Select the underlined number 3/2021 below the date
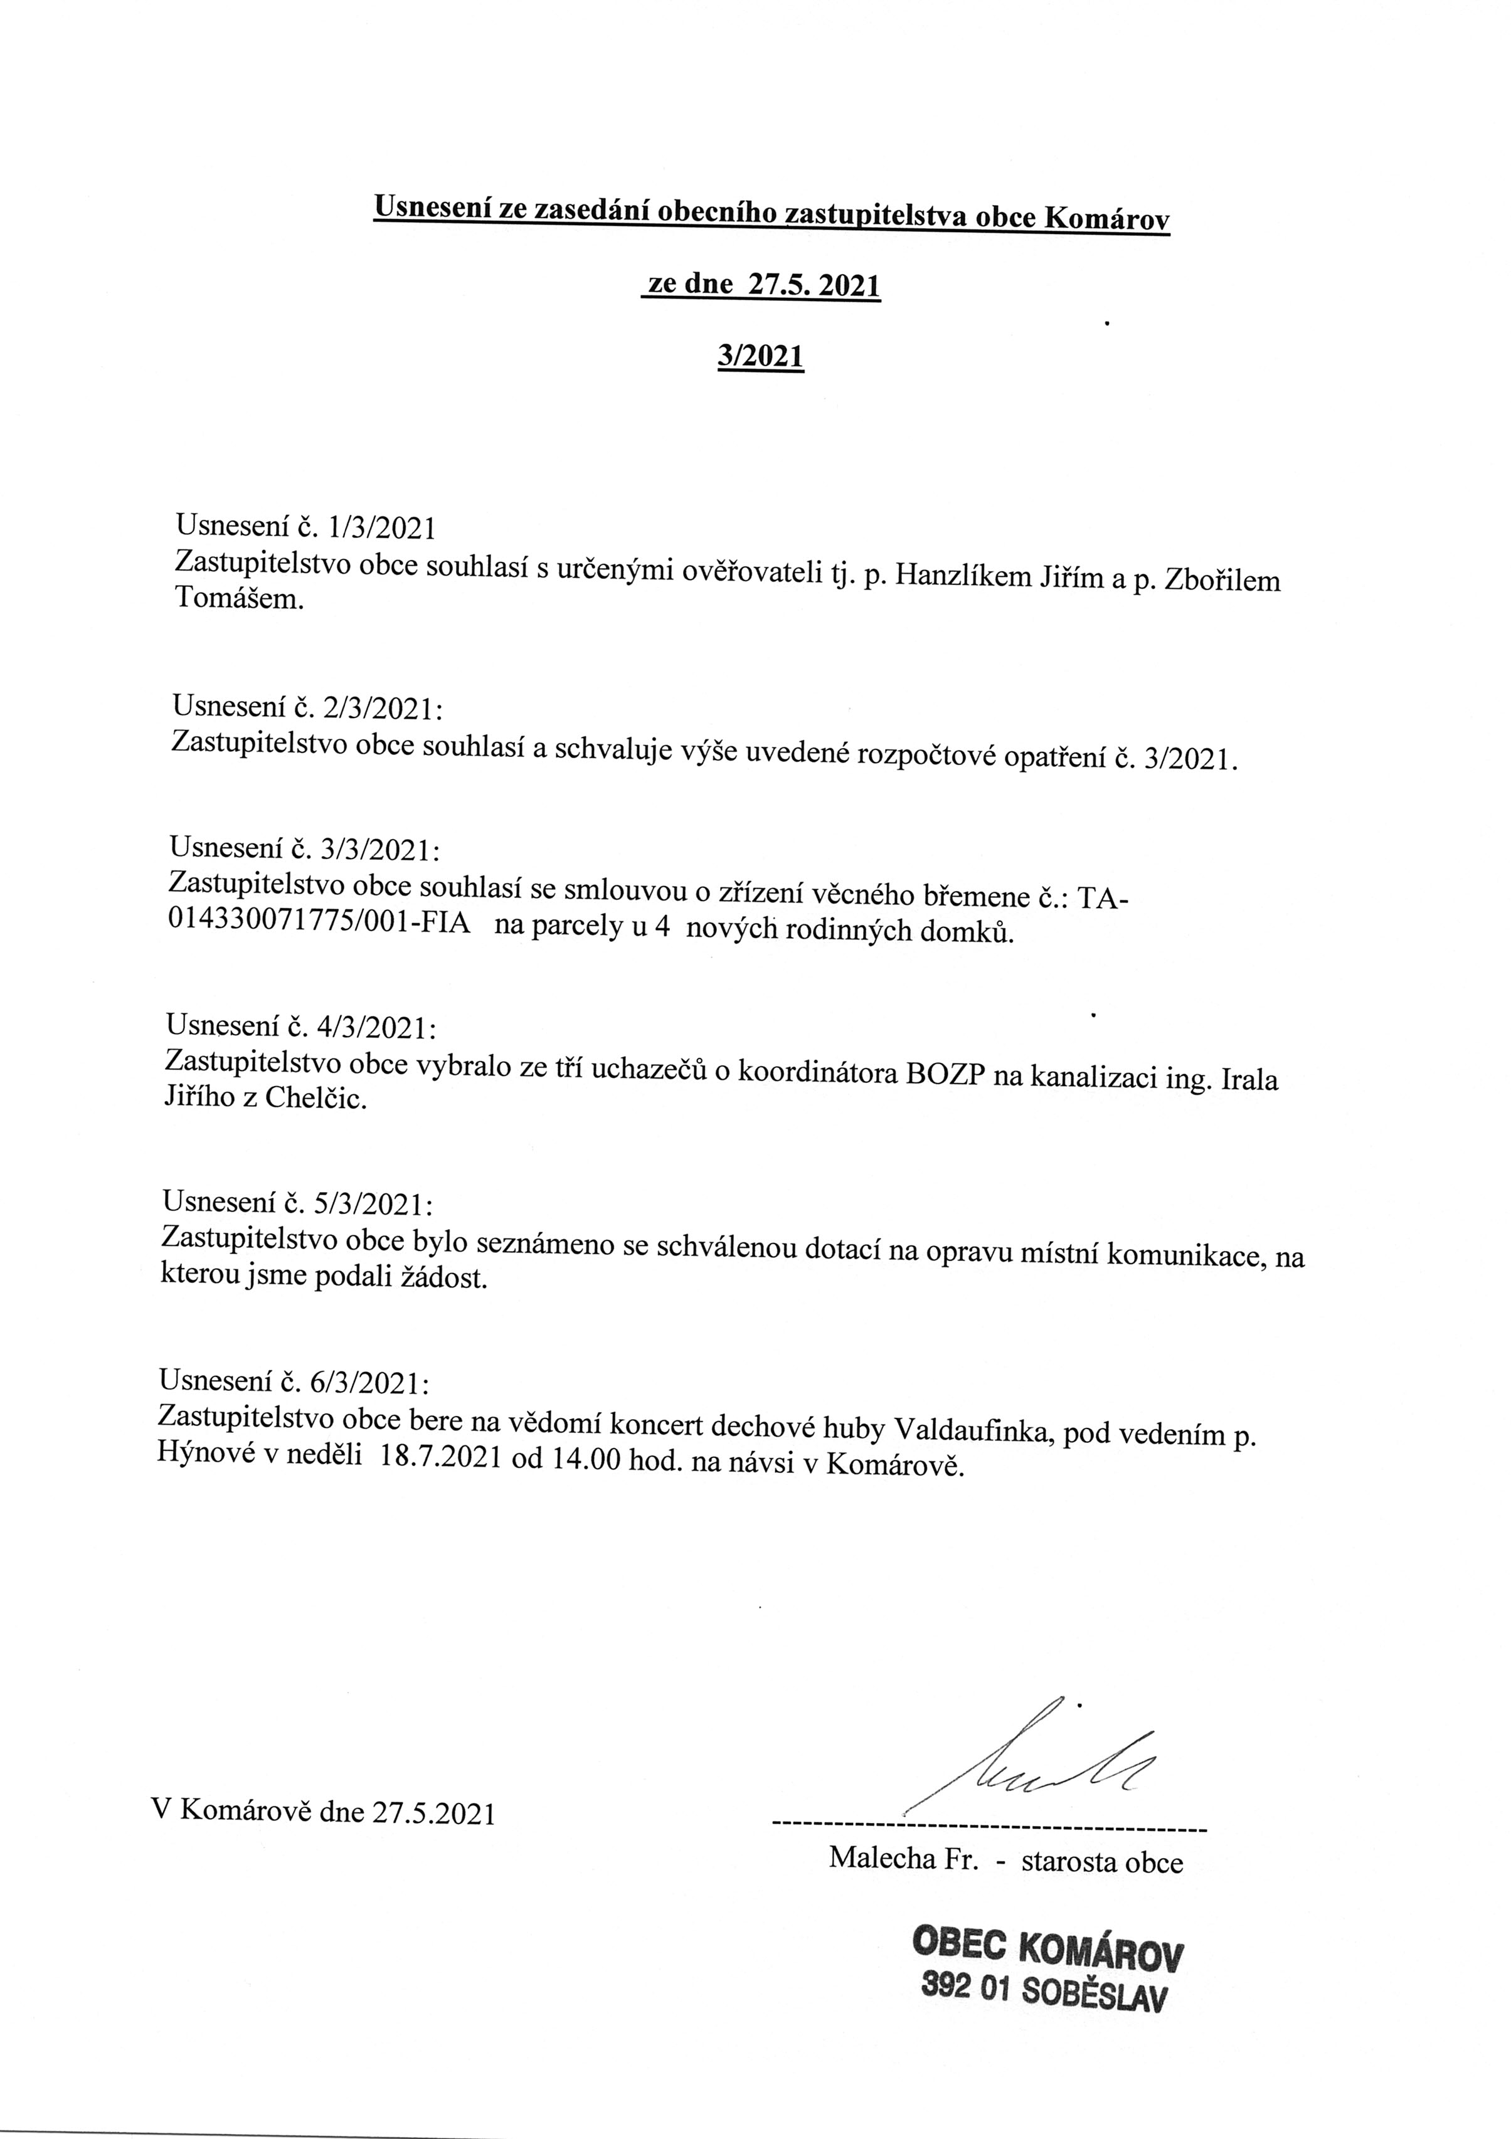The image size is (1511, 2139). point(760,356)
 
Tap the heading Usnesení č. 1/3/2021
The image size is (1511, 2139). point(305,527)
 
